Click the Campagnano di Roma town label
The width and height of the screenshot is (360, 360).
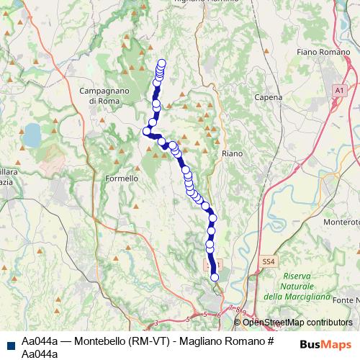pyautogui.click(x=104, y=96)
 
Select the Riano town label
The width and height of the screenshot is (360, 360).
pyautogui.click(x=232, y=153)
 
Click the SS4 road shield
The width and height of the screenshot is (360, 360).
pyautogui.click(x=269, y=262)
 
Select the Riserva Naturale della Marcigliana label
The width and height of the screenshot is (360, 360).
pyautogui.click(x=296, y=287)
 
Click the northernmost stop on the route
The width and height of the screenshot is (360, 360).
pyautogui.click(x=161, y=63)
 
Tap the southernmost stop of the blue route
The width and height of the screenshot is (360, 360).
pyautogui.click(x=214, y=277)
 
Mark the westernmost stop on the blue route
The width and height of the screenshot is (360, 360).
pyautogui.click(x=146, y=131)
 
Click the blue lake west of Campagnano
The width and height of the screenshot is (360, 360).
pyautogui.click(x=32, y=133)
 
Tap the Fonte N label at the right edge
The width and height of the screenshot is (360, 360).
pyautogui.click(x=347, y=300)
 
